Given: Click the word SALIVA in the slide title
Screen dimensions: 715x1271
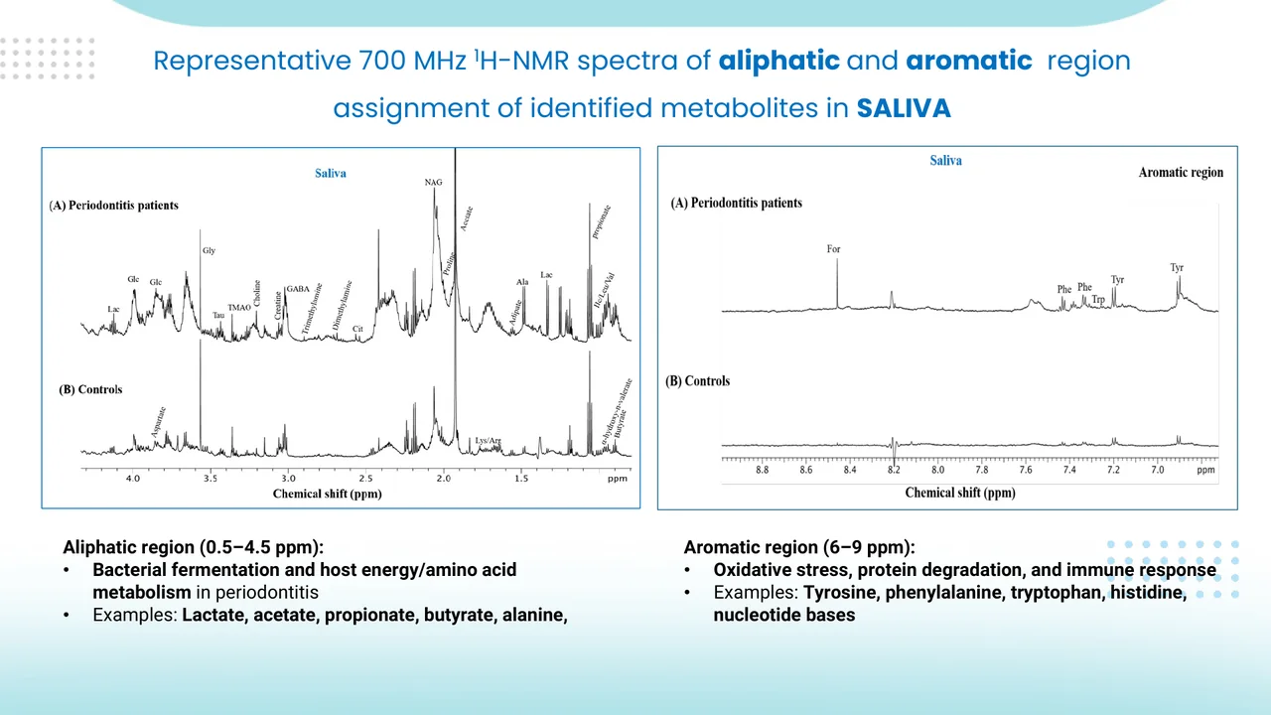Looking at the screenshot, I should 904,108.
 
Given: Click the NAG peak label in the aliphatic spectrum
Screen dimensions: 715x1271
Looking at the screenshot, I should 433,183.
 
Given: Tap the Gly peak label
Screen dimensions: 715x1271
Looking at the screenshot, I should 209,251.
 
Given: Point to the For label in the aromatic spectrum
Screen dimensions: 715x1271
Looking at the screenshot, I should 834,249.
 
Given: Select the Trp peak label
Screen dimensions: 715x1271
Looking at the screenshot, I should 1098,299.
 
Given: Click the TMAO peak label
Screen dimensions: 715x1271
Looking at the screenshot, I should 239,308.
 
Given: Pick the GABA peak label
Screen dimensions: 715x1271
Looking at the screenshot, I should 298,289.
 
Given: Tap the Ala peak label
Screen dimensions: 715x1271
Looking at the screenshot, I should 522,283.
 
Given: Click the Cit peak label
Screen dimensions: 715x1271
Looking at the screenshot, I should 357,329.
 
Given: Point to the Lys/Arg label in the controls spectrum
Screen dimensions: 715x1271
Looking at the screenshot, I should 488,439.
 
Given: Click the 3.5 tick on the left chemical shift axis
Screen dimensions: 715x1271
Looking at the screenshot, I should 210,479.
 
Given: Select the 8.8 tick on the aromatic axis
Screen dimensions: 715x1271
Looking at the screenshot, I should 762,470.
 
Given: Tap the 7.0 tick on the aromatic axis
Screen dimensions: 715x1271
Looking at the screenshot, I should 1158,470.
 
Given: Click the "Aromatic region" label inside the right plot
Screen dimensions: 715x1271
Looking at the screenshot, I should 1181,173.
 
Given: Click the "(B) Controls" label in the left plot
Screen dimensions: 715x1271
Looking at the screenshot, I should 90,389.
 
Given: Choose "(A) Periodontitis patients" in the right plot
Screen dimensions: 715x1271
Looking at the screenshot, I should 737,203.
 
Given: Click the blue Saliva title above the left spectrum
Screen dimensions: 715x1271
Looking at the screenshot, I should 331,174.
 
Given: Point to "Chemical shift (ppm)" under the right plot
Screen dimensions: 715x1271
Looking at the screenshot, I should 960,493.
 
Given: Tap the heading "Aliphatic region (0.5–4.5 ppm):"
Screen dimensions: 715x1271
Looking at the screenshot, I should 194,547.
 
